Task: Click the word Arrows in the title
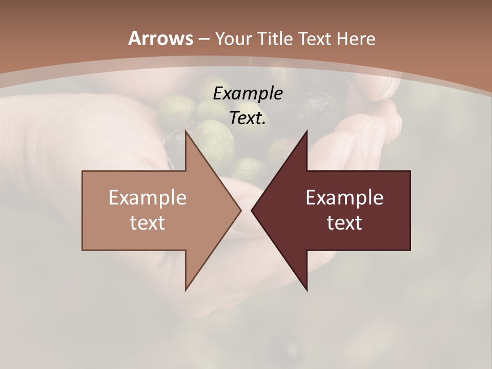[x=160, y=38]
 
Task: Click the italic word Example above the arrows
[x=248, y=94]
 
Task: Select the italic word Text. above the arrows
[x=248, y=118]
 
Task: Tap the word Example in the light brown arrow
[x=148, y=198]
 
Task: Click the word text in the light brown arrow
[x=148, y=223]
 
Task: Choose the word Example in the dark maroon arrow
[x=344, y=198]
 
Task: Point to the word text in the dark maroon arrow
[x=344, y=223]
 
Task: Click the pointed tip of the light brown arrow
[x=240, y=210]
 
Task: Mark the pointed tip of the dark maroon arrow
[x=252, y=210]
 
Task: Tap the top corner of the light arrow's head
[x=186, y=131]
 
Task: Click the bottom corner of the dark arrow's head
[x=306, y=290]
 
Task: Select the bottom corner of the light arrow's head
[x=186, y=290]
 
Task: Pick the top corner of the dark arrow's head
[x=306, y=131]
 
